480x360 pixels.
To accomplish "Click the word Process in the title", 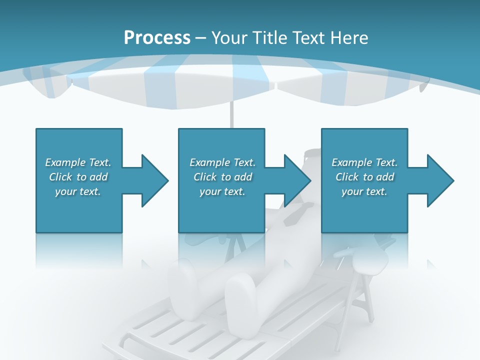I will [157, 38].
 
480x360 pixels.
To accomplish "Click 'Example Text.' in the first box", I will [78, 162].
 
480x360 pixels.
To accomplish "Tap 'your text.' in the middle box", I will [222, 191].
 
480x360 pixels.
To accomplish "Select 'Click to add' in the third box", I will [364, 177].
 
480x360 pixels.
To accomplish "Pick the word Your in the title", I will [228, 38].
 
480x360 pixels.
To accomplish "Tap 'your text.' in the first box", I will [78, 191].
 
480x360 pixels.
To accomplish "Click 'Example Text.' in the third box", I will [364, 162].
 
